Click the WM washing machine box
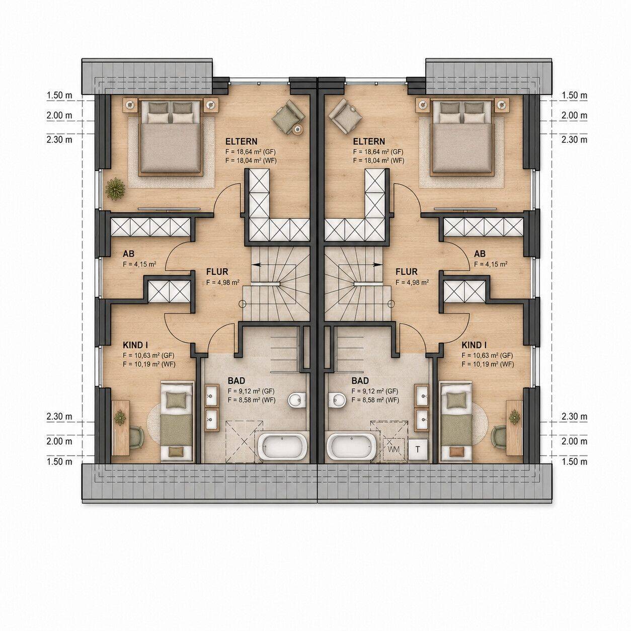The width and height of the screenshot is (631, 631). coord(394,449)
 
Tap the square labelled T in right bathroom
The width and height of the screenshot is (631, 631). coord(418,449)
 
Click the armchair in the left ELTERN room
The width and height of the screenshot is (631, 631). coord(288,117)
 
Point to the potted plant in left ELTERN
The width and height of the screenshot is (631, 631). coord(115,189)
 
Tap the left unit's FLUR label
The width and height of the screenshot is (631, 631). coord(217,272)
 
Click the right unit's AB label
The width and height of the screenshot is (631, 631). coord(480,254)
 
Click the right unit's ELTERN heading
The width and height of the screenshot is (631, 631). coord(369,141)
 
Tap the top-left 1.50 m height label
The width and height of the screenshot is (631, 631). coord(59,95)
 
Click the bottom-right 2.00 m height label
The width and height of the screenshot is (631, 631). coord(574,441)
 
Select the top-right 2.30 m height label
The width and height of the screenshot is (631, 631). coord(574,139)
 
